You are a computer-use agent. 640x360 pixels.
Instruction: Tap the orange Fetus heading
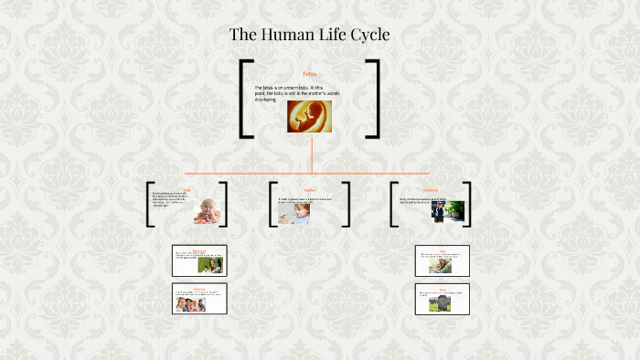pyautogui.click(x=309, y=73)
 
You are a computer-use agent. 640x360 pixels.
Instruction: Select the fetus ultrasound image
pyautogui.click(x=309, y=116)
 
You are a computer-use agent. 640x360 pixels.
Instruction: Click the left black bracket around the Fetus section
pyautogui.click(x=244, y=99)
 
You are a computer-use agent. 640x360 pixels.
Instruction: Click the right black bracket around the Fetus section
pyautogui.click(x=374, y=99)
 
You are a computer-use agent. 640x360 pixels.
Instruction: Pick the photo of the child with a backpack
pyautogui.click(x=443, y=212)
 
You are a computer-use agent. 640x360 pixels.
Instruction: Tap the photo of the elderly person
pyautogui.click(x=440, y=266)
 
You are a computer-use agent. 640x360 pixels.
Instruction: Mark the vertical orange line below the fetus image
pyautogui.click(x=311, y=153)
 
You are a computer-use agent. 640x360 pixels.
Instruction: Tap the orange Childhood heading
pyautogui.click(x=432, y=190)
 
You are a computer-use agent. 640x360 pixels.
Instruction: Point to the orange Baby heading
pyautogui.click(x=187, y=191)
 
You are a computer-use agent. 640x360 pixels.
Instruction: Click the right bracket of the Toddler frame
pyautogui.click(x=347, y=205)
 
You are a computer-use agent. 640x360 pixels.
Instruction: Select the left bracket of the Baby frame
pyautogui.click(x=150, y=205)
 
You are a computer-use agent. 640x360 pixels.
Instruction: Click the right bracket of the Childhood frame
pyautogui.click(x=469, y=205)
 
